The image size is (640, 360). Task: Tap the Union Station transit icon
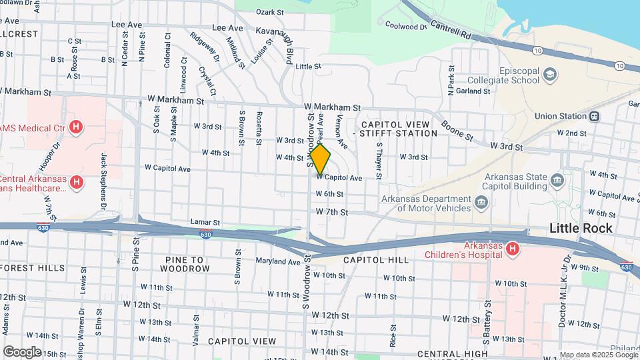coord(593,116)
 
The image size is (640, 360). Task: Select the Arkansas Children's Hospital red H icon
coord(512,249)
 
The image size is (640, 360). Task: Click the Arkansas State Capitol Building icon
coord(557,179)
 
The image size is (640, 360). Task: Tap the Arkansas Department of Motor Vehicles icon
coord(479,203)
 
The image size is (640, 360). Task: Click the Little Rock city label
coord(581,228)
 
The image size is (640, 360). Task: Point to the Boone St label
coord(457,130)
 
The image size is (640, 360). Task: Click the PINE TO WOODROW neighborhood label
coord(185,263)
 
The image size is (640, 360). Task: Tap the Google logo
coord(22,351)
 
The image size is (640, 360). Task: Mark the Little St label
coord(308,67)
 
